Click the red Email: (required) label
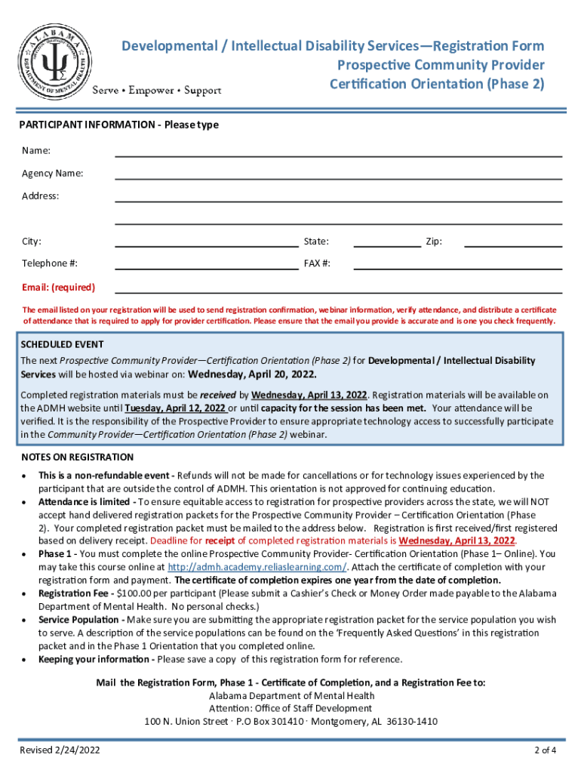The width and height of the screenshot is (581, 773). [58, 288]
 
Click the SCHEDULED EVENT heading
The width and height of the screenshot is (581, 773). [62, 345]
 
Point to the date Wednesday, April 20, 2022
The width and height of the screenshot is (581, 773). [253, 374]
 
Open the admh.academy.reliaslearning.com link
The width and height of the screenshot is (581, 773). [257, 567]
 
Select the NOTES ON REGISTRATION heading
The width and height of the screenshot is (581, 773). [77, 457]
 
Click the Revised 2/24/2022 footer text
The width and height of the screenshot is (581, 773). [60, 750]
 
